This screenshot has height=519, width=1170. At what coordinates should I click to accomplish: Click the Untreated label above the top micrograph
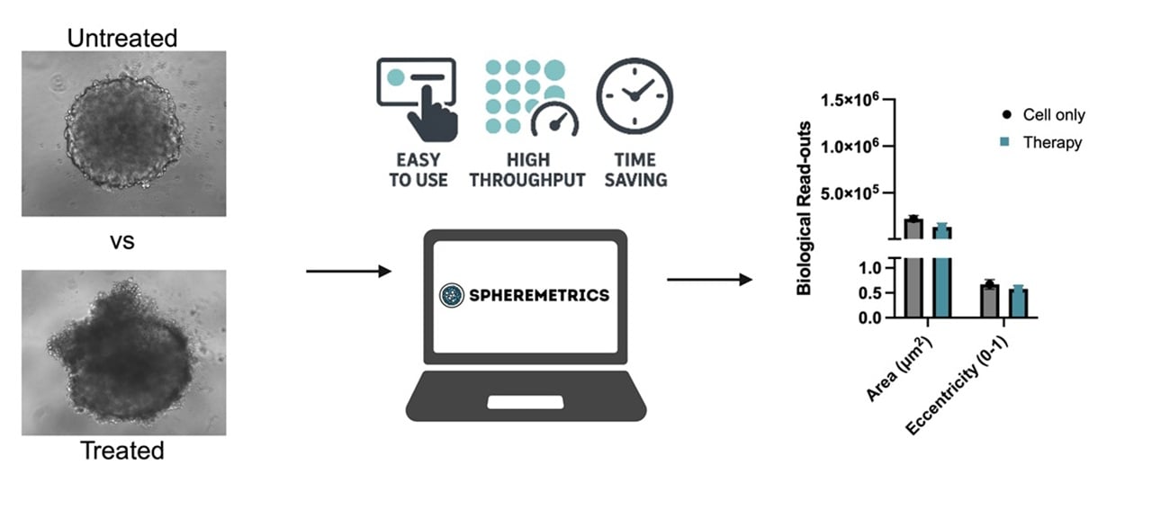pyautogui.click(x=122, y=38)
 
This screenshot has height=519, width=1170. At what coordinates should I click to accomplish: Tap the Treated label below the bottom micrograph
pyautogui.click(x=122, y=450)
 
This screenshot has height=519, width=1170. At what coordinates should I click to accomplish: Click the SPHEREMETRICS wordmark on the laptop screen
pyautogui.click(x=538, y=295)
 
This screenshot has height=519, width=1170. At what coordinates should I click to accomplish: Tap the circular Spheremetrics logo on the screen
pyautogui.click(x=451, y=295)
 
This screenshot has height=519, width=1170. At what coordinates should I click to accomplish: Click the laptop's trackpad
pyautogui.click(x=526, y=401)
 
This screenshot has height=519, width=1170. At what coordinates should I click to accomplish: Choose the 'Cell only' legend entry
pyautogui.click(x=1044, y=115)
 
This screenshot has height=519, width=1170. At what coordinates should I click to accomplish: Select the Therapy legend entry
pyautogui.click(x=1044, y=142)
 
